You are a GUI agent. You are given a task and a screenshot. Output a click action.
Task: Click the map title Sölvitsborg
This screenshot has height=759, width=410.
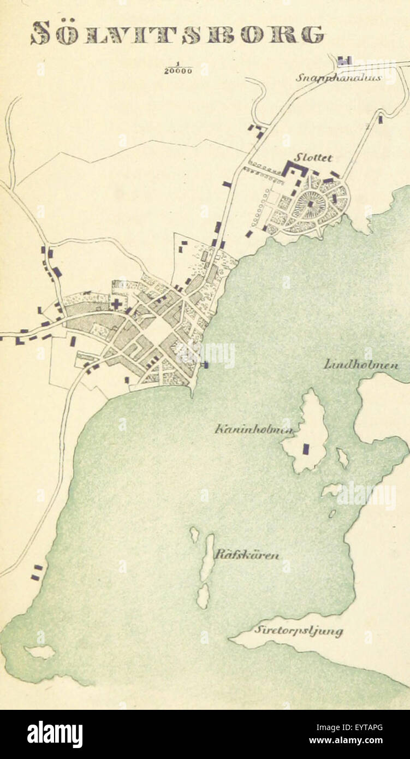click(x=177, y=33)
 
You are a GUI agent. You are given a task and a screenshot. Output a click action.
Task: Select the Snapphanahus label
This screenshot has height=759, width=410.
click(x=338, y=78)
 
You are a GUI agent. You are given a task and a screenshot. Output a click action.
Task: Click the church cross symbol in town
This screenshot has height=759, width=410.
click(x=116, y=304)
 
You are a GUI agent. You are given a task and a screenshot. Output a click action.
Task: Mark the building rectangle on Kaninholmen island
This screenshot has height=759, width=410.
click(x=306, y=449)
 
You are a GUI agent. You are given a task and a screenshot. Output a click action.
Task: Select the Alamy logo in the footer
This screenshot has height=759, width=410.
click(x=55, y=734)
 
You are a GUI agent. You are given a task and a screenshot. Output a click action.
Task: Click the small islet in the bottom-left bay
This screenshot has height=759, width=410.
click(x=40, y=651)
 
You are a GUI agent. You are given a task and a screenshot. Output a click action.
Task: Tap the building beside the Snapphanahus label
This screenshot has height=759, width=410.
click(x=344, y=60)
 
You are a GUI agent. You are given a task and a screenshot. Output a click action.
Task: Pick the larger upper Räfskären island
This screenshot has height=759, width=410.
click(x=207, y=557)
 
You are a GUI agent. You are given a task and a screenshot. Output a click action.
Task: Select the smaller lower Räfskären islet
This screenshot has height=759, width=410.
click(x=203, y=595)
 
